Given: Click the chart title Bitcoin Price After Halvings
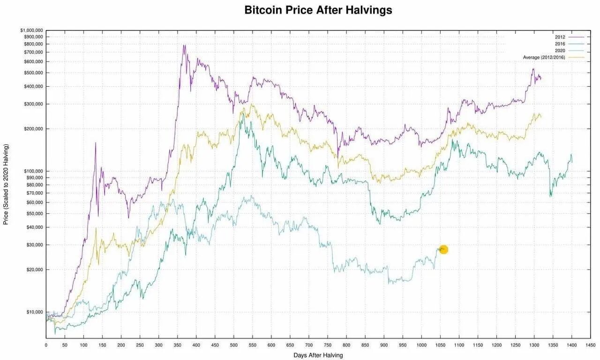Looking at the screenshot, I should point(318,10).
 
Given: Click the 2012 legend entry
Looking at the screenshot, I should point(560,37).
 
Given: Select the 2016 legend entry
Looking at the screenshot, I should point(560,44).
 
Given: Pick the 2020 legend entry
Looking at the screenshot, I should point(560,50).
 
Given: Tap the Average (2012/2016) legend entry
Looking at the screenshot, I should point(544,57).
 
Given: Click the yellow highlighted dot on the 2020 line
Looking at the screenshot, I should point(443,249).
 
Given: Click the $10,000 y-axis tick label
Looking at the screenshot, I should point(34,312).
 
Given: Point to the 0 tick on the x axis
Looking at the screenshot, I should point(46,345).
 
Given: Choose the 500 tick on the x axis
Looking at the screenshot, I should point(234,345).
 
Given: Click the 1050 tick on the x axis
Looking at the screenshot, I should point(440,345).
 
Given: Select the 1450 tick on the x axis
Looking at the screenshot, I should point(591,345).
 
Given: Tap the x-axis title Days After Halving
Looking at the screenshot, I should point(318,355).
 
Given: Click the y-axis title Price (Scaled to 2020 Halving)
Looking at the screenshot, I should point(6,184).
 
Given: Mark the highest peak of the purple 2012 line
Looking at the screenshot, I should point(184,45).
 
